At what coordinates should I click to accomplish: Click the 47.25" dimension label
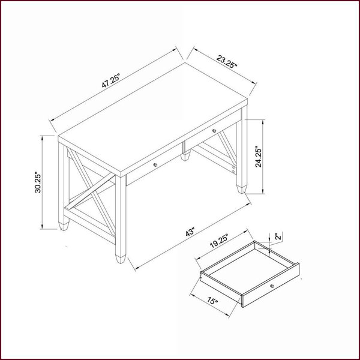pos(111,81)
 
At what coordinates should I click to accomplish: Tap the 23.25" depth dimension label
pos(226,62)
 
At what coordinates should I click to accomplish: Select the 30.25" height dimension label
pos(38,182)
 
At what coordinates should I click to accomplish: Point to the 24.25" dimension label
pos(259,157)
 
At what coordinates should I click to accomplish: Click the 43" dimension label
pos(190,232)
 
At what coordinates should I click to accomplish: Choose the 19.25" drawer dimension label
pos(219,241)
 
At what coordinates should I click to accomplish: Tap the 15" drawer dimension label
pos(212,301)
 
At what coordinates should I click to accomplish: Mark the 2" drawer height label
pos(278,237)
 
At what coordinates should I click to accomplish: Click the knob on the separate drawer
pos(272,286)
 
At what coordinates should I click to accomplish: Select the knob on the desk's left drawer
pos(155,164)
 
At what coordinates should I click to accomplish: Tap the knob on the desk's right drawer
pos(214,131)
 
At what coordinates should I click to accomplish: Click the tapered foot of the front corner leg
pos(121,259)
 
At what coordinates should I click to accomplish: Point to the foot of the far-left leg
pos(64,226)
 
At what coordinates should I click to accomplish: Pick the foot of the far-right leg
pos(242,189)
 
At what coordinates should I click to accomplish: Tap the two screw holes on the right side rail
pos(233,169)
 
